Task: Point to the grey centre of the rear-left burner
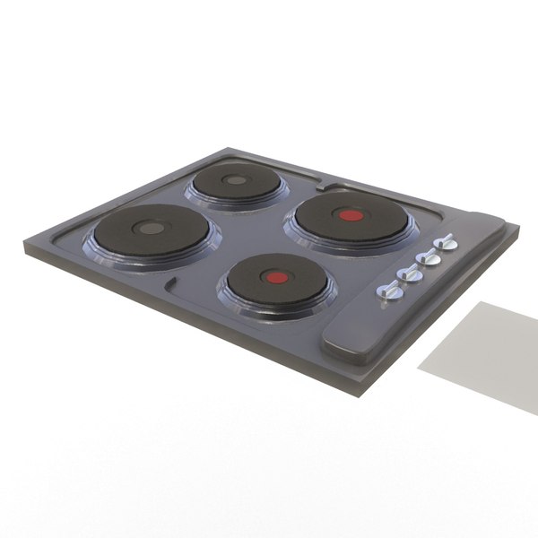pyautogui.click(x=235, y=180)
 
